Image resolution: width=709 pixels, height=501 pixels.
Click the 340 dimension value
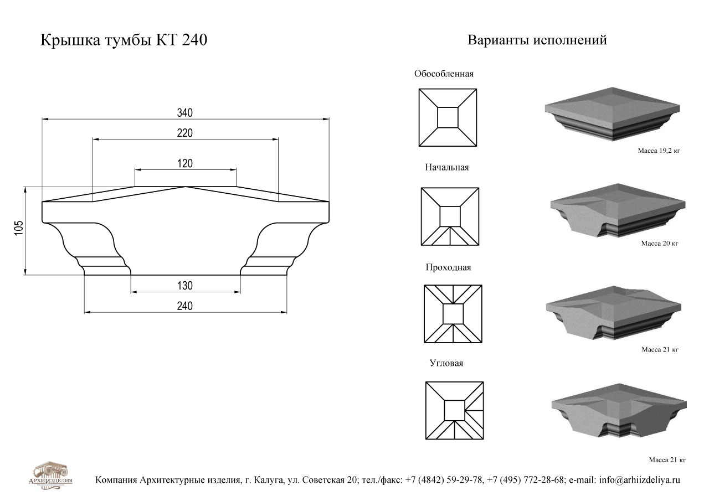pyautogui.click(x=185, y=112)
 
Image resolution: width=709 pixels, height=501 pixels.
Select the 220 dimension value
pyautogui.click(x=185, y=133)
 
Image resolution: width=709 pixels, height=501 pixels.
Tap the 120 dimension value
pyautogui.click(x=185, y=163)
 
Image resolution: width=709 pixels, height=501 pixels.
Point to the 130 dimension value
pyautogui.click(x=185, y=286)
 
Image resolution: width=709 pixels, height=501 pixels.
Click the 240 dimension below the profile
pyautogui.click(x=185, y=306)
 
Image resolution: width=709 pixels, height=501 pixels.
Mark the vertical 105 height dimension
pyautogui.click(x=19, y=228)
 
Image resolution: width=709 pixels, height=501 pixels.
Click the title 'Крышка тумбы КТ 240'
pyautogui.click(x=124, y=40)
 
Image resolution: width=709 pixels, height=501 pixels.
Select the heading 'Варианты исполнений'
pyautogui.click(x=537, y=40)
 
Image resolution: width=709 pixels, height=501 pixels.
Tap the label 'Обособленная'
pyautogui.click(x=444, y=74)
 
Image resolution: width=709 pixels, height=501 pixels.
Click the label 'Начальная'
pyautogui.click(x=446, y=167)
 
